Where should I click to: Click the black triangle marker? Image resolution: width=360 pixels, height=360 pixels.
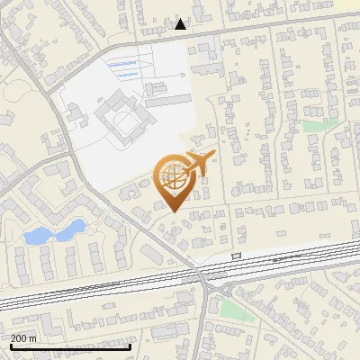[x=181, y=24]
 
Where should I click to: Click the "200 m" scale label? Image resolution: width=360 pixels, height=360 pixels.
[x=24, y=338]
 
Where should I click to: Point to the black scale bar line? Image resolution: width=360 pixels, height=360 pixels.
[x=70, y=346]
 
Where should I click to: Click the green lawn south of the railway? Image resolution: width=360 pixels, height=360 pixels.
[x=233, y=309]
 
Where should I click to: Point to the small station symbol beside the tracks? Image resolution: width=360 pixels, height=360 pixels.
[x=237, y=256]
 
